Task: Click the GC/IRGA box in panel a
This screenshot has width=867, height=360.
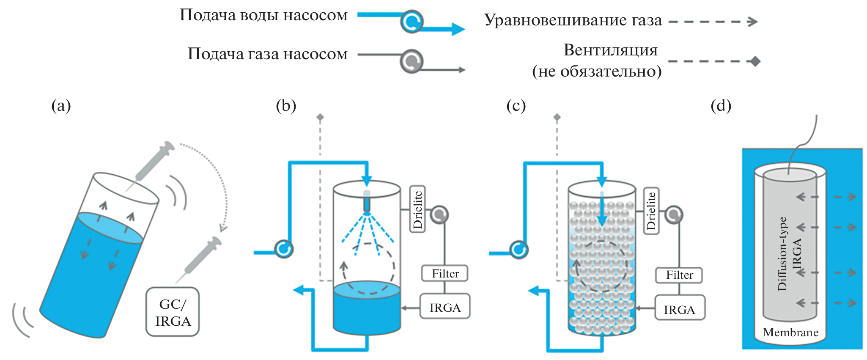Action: point(173,312)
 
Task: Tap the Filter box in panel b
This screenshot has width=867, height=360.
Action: point(445,273)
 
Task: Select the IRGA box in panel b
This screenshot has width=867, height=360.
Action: point(445,307)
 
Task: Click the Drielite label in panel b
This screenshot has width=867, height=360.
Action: point(417,209)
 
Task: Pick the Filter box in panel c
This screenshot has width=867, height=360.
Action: point(679,275)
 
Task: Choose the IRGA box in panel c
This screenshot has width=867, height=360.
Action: point(679,309)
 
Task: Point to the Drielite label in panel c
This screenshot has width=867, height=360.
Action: point(651,210)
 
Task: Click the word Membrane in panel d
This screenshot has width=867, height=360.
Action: point(790,333)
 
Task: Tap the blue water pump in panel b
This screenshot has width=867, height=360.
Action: point(283,249)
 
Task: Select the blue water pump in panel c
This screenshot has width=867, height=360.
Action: point(519,250)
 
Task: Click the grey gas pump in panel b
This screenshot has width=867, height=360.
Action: point(439,214)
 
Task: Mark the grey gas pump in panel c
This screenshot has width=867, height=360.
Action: point(673,214)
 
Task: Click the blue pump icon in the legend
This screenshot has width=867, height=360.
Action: point(412,22)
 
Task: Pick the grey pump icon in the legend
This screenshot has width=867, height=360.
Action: point(412,61)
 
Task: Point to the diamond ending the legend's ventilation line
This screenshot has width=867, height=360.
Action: point(755,61)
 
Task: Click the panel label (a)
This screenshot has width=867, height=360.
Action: point(61,105)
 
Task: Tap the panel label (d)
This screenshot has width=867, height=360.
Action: point(721,105)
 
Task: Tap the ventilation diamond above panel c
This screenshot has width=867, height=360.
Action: point(557,117)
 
